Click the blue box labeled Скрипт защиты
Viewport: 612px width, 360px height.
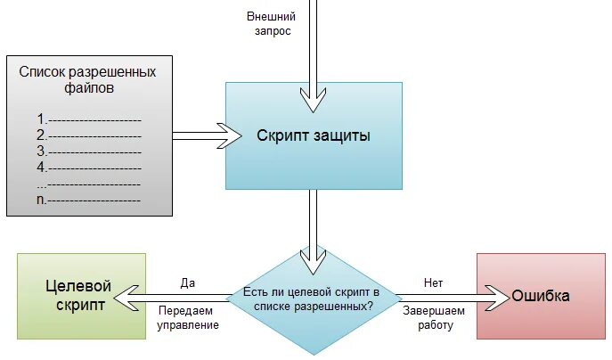tap(314, 135)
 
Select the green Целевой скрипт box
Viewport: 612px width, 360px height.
tap(80, 296)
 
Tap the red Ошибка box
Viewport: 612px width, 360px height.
tap(540, 296)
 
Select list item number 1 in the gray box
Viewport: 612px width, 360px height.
tap(89, 119)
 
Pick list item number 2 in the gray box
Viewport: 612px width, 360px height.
tap(89, 135)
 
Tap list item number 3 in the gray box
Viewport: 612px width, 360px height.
tap(89, 151)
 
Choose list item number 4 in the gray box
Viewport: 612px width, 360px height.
tap(89, 167)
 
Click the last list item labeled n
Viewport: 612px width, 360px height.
tap(89, 200)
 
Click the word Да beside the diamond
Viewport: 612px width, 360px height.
tap(188, 282)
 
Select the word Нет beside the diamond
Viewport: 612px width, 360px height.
tap(434, 282)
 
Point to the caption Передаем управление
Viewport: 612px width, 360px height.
tap(189, 318)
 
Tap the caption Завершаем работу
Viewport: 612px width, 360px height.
tap(434, 318)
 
